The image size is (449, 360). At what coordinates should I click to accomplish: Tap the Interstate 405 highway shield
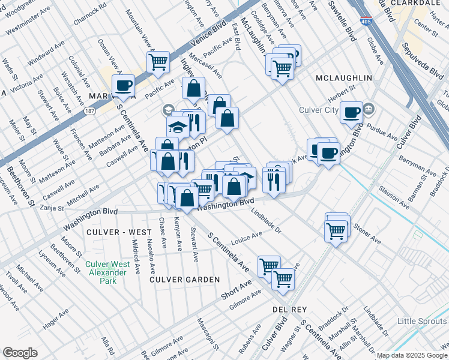pos(366,22)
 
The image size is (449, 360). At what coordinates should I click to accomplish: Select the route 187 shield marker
pos(89,112)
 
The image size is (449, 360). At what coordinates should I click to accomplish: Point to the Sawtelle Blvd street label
pos(342,20)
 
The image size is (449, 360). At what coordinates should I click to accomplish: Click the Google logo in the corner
pos(20,353)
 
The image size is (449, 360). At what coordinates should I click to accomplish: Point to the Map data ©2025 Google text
pos(412,355)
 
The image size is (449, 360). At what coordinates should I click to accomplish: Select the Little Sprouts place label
pos(423,322)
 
